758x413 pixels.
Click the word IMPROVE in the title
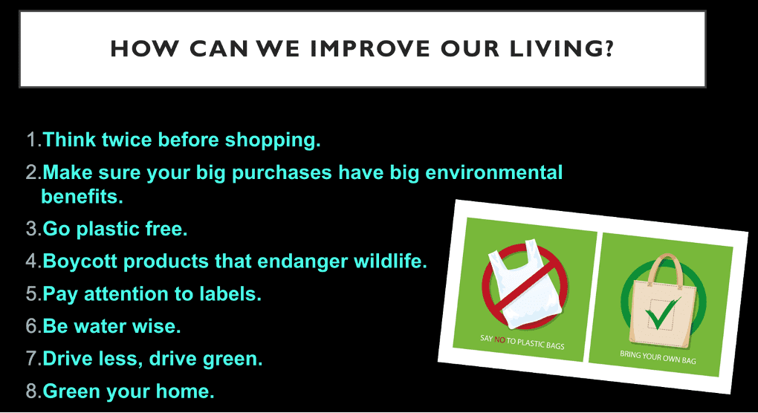click(369, 49)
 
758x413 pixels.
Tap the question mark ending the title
click(609, 48)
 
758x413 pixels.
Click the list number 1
click(32, 140)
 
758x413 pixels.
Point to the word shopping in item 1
click(272, 140)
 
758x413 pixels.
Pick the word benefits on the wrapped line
click(82, 197)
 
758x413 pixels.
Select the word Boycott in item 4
click(80, 261)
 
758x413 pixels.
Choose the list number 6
click(33, 326)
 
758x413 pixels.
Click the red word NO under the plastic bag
click(500, 340)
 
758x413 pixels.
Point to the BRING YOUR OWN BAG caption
click(658, 357)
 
